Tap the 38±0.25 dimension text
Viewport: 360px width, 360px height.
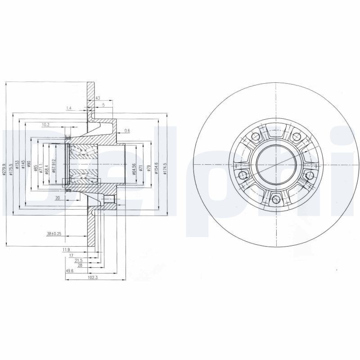pyautogui.click(x=54, y=234)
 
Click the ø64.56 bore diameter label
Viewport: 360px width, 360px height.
pyautogui.click(x=134, y=168)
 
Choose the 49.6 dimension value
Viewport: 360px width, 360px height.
pyautogui.click(x=69, y=271)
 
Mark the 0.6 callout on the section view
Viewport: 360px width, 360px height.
pyautogui.click(x=127, y=130)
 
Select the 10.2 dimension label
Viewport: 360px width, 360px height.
pyautogui.click(x=45, y=125)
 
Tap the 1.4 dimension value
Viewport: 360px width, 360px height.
pyautogui.click(x=69, y=108)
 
